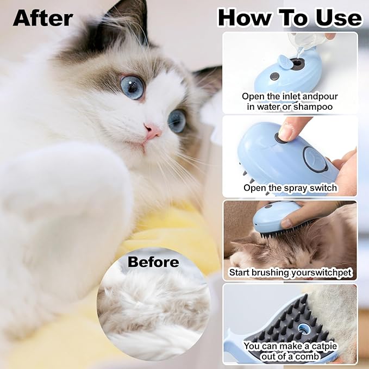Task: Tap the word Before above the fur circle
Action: [153, 262]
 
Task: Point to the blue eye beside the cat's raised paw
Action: [132, 87]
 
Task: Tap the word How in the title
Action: [243, 17]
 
